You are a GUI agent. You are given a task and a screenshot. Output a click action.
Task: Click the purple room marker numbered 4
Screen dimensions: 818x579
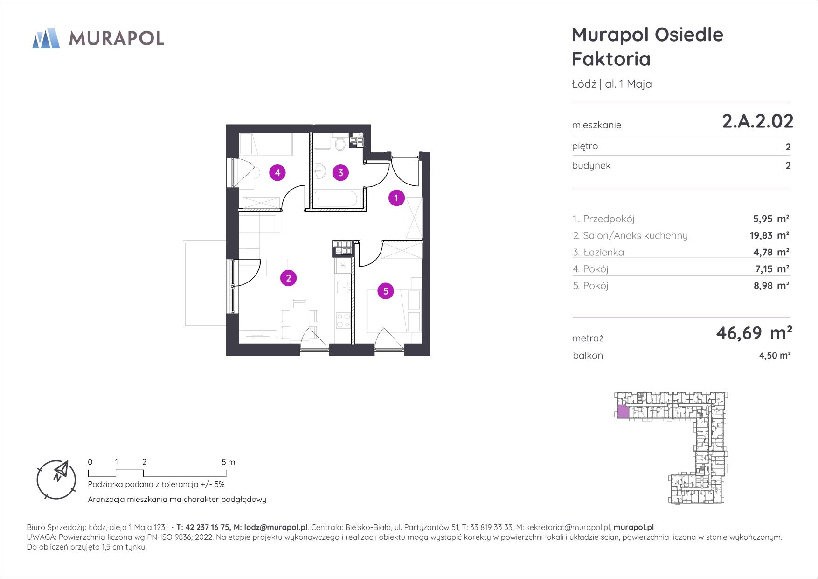[277, 173]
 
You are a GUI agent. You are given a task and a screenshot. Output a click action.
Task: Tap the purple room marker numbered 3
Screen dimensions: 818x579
[340, 173]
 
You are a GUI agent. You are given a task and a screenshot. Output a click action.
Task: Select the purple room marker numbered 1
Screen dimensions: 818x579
[396, 198]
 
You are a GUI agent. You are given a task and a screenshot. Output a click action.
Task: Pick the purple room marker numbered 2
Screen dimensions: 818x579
[289, 278]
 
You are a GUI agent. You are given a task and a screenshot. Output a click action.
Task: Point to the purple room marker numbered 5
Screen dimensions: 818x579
[386, 291]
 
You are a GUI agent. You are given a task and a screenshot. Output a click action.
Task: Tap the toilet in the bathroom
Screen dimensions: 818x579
[340, 142]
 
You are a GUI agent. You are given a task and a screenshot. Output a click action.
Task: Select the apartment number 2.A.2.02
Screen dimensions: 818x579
[757, 121]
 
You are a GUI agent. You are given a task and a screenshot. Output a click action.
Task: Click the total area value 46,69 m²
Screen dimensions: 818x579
[754, 333]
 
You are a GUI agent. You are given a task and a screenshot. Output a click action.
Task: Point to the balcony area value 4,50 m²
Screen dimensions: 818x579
[775, 355]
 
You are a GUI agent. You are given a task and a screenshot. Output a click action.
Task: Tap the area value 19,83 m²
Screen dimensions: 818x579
[769, 235]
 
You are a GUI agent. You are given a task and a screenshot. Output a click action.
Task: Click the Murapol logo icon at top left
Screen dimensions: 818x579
[46, 38]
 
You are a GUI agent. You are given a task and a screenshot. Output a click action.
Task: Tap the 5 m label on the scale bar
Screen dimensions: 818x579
[229, 462]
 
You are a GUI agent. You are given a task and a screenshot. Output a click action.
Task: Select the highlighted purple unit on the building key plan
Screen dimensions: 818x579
[623, 412]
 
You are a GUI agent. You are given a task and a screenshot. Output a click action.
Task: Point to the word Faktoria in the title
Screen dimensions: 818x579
[611, 59]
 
